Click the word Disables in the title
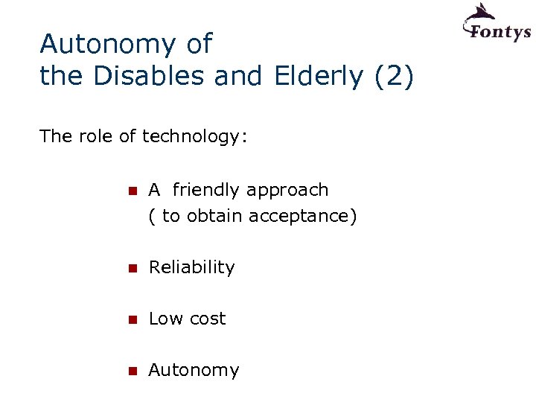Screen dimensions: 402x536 pyautogui.click(x=145, y=76)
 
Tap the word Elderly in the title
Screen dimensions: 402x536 pyautogui.click(x=316, y=76)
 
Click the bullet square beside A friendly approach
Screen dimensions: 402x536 pyautogui.click(x=133, y=191)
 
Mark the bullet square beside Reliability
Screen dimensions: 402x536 pyautogui.click(x=133, y=268)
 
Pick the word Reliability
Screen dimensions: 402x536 pyautogui.click(x=191, y=267)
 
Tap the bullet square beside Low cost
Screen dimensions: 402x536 pyautogui.click(x=133, y=319)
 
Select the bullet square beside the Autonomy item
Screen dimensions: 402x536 pyautogui.click(x=133, y=371)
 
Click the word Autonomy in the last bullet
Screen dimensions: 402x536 pyautogui.click(x=194, y=371)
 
